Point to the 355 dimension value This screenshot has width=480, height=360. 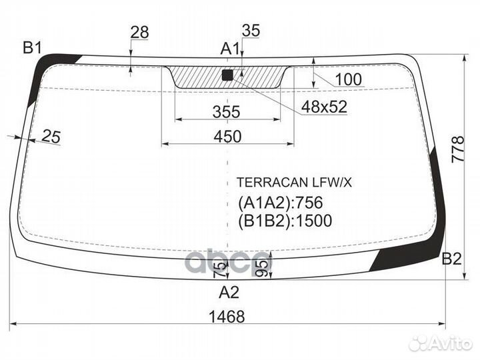click(227, 112)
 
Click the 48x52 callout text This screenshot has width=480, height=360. click(325, 107)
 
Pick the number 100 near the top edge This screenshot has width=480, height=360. click(348, 80)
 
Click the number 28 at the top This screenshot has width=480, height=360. click(139, 32)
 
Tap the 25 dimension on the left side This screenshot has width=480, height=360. click(51, 137)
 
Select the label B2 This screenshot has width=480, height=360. click(451, 259)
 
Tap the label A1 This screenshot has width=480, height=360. click(230, 48)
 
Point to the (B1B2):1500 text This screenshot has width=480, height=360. click(285, 221)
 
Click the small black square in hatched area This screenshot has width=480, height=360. click(227, 75)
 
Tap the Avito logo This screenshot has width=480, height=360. click(440, 343)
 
